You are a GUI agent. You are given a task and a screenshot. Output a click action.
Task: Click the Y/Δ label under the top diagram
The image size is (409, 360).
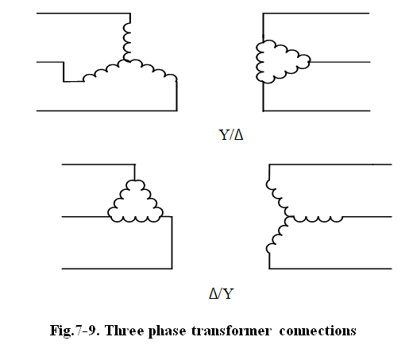pos(231,135)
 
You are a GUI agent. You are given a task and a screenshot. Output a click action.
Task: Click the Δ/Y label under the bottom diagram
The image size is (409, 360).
pos(222,293)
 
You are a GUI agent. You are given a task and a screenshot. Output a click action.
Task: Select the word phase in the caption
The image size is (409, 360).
pos(167,331)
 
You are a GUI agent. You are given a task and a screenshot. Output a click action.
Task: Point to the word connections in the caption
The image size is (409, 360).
pos(318,331)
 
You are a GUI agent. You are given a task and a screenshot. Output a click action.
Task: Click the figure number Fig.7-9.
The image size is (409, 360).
pos(75,331)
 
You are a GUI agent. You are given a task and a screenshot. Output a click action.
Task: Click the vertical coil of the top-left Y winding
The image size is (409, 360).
pos(127,41)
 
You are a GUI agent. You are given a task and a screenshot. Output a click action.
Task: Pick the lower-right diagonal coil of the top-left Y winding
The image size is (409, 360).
pos(152,69)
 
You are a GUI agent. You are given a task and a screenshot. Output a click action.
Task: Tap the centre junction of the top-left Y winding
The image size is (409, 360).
pos(126,61)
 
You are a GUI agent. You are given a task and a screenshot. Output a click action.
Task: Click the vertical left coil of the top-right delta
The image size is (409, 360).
pos(260,62)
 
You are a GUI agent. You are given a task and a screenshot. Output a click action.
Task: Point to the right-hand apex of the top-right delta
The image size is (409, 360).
pos(309,62)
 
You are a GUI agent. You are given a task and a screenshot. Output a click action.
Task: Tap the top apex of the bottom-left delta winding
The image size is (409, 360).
pos(135,181)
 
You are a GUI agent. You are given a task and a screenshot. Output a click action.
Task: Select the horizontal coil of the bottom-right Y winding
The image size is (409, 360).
pos(315,219)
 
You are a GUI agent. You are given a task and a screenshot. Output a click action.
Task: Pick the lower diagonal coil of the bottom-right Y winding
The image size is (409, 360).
pos(277,235)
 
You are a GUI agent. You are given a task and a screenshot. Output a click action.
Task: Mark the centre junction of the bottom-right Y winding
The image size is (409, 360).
pos(288,217)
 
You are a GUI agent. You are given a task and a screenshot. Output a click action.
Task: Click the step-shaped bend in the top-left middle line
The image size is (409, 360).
pos(64,72)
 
